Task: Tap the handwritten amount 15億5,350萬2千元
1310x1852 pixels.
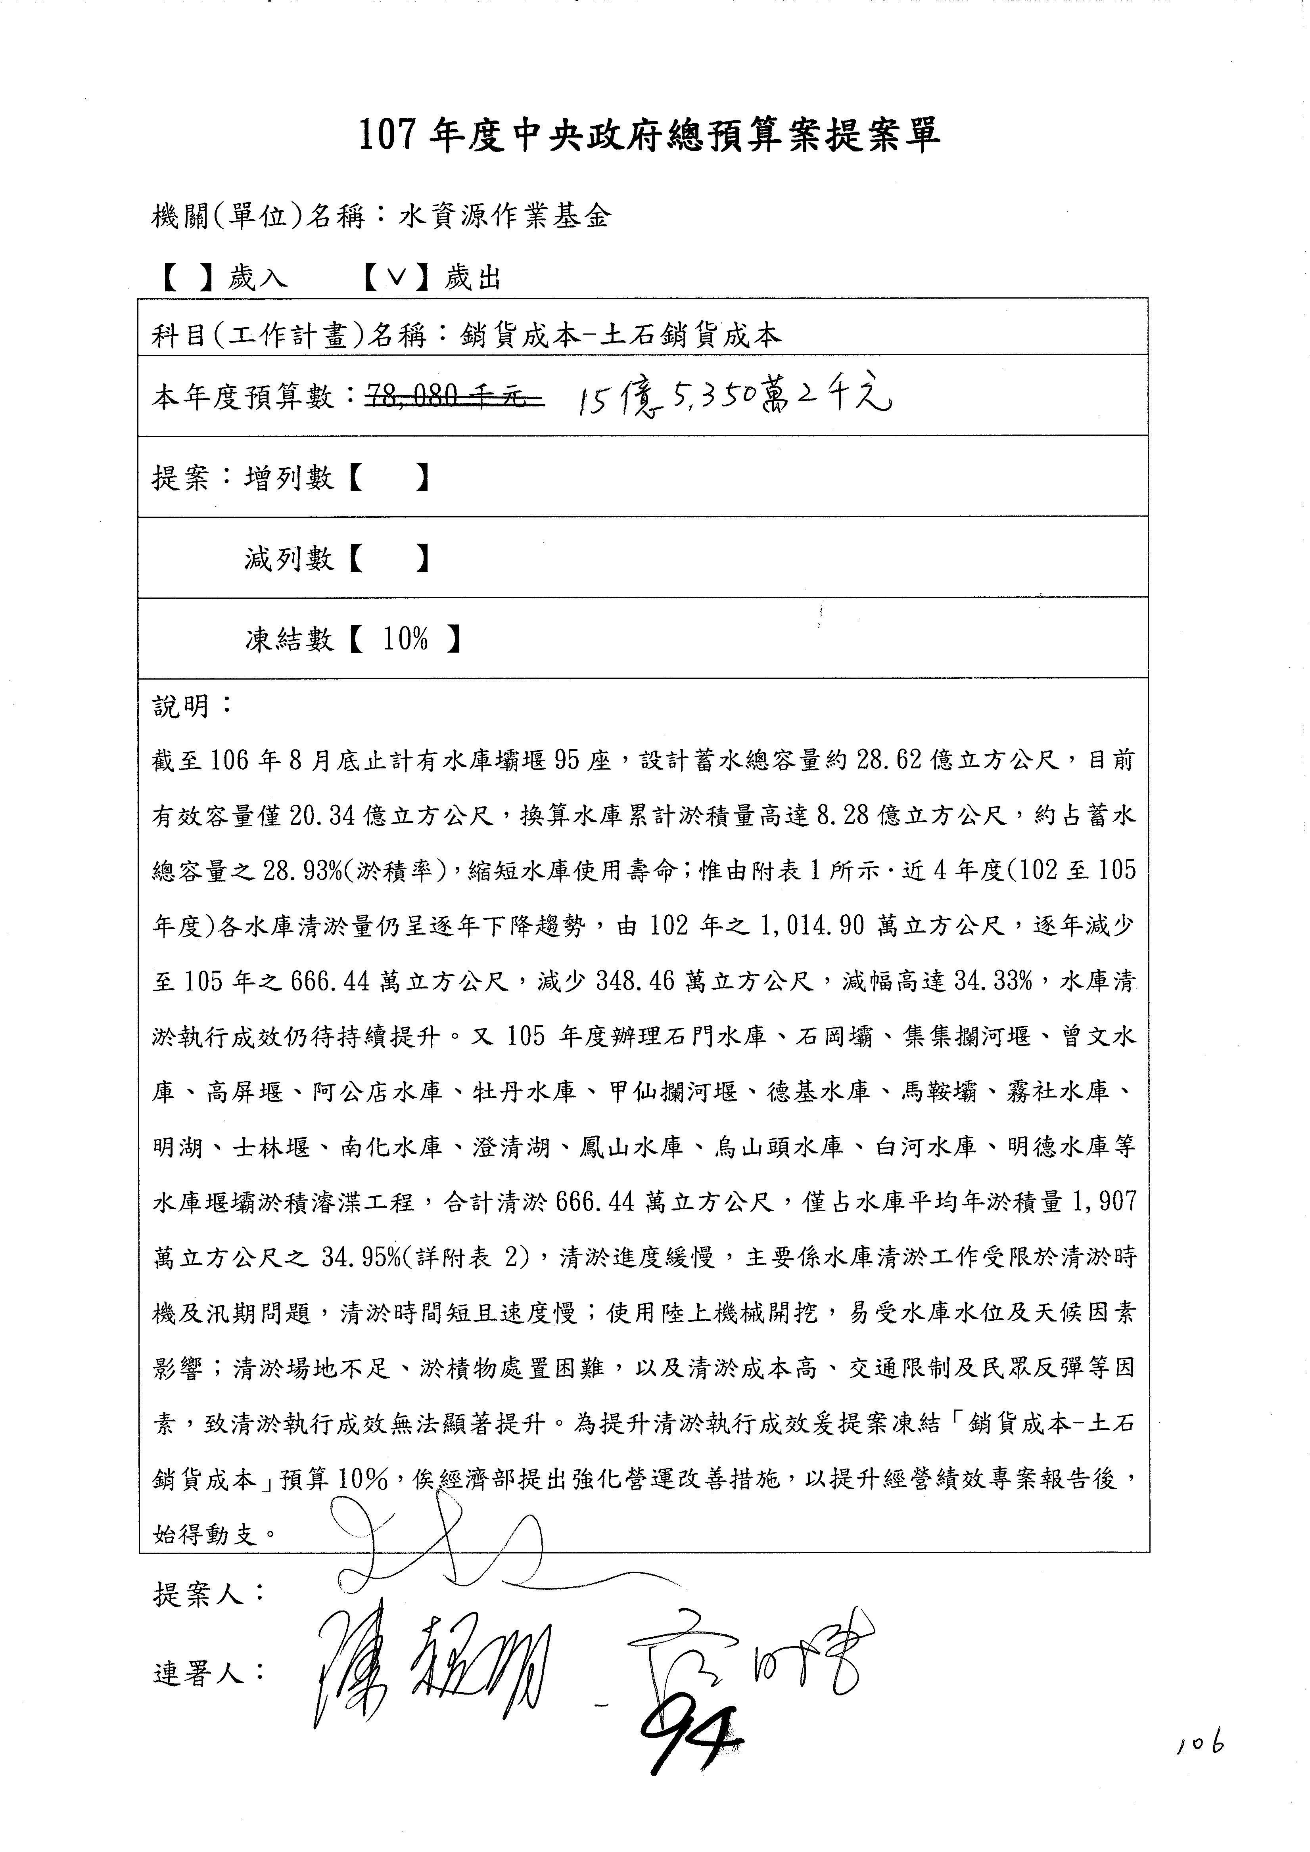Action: (734, 397)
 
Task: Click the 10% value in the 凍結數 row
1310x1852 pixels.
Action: (406, 640)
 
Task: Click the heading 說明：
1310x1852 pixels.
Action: (192, 707)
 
